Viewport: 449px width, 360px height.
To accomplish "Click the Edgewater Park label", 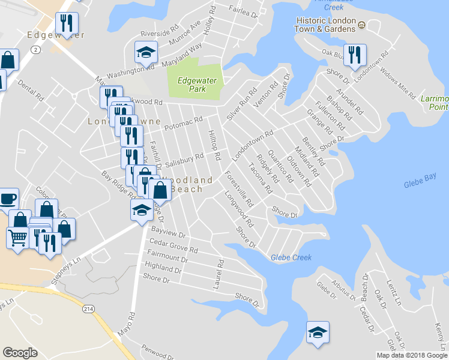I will (195, 85).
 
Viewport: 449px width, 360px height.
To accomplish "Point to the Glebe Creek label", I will (291, 257).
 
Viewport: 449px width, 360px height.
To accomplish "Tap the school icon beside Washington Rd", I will (145, 53).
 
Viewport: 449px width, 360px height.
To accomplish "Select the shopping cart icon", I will (17, 238).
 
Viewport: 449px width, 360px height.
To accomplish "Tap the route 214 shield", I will (89, 308).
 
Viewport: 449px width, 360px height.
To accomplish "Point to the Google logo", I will (20, 353).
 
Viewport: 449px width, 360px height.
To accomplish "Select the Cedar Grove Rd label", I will (173, 245).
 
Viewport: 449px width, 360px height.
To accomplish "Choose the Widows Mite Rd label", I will (400, 86).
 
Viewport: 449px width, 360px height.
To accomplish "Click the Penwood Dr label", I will (157, 349).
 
